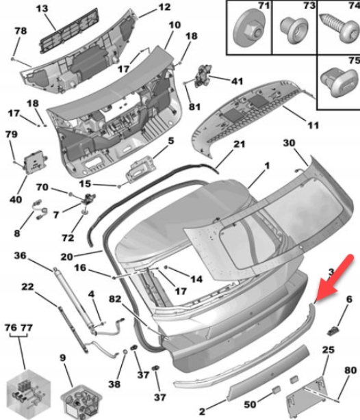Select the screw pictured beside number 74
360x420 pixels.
click(x=337, y=29)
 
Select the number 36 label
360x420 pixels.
click(x=20, y=256)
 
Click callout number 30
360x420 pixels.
click(x=288, y=143)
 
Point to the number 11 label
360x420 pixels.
click(x=313, y=125)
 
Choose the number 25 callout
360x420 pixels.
click(x=328, y=350)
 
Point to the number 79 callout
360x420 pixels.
click(x=10, y=135)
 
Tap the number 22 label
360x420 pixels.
click(x=27, y=287)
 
